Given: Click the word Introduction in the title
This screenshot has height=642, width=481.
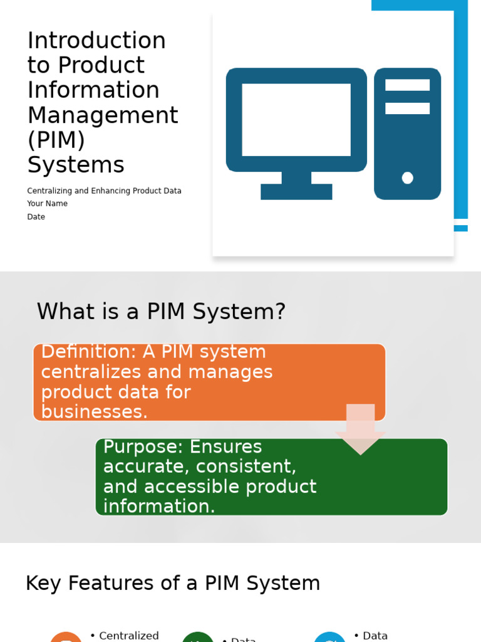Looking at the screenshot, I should point(96,41).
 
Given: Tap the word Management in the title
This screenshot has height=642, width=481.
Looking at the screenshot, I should point(103,115).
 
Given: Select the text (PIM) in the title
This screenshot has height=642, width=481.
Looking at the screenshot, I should point(56,140).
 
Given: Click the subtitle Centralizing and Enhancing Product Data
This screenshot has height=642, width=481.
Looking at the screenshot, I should point(104,191).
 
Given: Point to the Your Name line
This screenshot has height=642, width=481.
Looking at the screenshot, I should point(47,204).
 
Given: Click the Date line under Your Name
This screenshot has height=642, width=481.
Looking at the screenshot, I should point(36,217).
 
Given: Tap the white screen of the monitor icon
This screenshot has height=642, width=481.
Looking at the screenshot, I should point(296,119).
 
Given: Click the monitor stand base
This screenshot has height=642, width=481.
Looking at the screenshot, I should point(296,192).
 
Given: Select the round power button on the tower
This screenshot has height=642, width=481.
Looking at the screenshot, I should point(408,178).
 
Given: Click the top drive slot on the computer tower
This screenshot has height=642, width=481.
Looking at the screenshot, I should point(407,85).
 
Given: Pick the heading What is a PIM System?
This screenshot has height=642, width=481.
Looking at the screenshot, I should point(161,312).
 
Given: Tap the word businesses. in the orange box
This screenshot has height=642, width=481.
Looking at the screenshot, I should point(95,412).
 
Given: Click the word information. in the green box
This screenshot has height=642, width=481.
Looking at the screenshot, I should point(159,507).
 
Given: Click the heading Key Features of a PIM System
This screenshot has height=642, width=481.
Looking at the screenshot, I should point(173,583).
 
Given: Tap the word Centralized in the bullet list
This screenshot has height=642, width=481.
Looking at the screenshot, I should point(129,636).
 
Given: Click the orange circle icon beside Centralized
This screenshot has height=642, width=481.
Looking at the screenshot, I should point(66,638).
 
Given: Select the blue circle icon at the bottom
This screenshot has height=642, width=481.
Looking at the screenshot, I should point(330,638).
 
